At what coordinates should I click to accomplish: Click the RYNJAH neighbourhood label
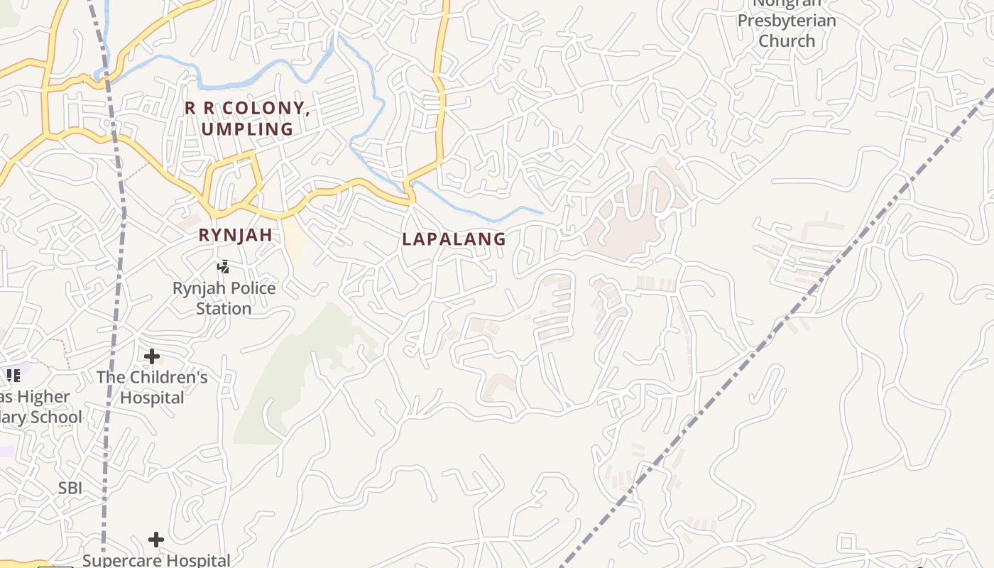[235, 235]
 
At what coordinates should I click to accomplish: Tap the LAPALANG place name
[454, 239]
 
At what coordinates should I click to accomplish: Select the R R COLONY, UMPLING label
[247, 119]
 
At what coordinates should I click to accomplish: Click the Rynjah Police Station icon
[224, 267]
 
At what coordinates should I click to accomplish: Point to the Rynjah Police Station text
[224, 298]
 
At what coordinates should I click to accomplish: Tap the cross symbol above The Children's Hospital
[152, 356]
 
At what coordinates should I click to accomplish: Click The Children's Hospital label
[152, 387]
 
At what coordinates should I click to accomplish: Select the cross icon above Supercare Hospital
[156, 540]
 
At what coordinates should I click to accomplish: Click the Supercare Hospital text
[156, 560]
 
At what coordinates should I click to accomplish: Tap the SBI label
[70, 488]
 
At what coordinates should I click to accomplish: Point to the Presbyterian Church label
[787, 30]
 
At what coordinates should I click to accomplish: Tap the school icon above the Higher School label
[13, 376]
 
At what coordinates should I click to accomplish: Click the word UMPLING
[247, 129]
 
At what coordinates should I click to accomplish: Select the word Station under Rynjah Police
[224, 309]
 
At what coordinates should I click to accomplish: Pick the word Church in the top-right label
[787, 40]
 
